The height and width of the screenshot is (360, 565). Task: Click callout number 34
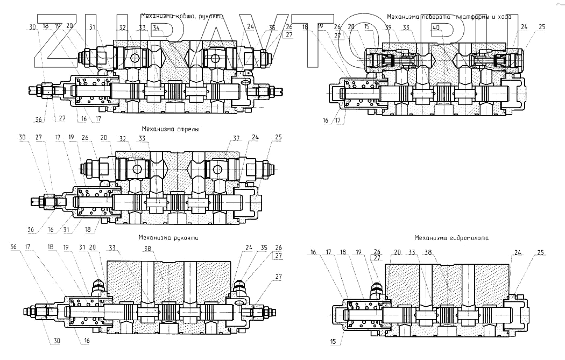156,27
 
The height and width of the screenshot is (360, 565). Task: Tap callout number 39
388,27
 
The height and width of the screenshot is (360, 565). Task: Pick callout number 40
435,27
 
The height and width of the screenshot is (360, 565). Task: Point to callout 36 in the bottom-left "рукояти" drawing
13,247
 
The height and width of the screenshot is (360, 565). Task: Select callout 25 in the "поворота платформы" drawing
542,26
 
